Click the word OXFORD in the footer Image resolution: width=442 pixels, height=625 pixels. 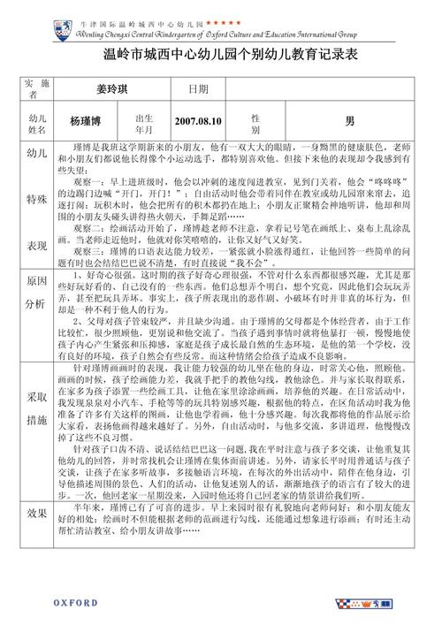[x=75, y=603]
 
